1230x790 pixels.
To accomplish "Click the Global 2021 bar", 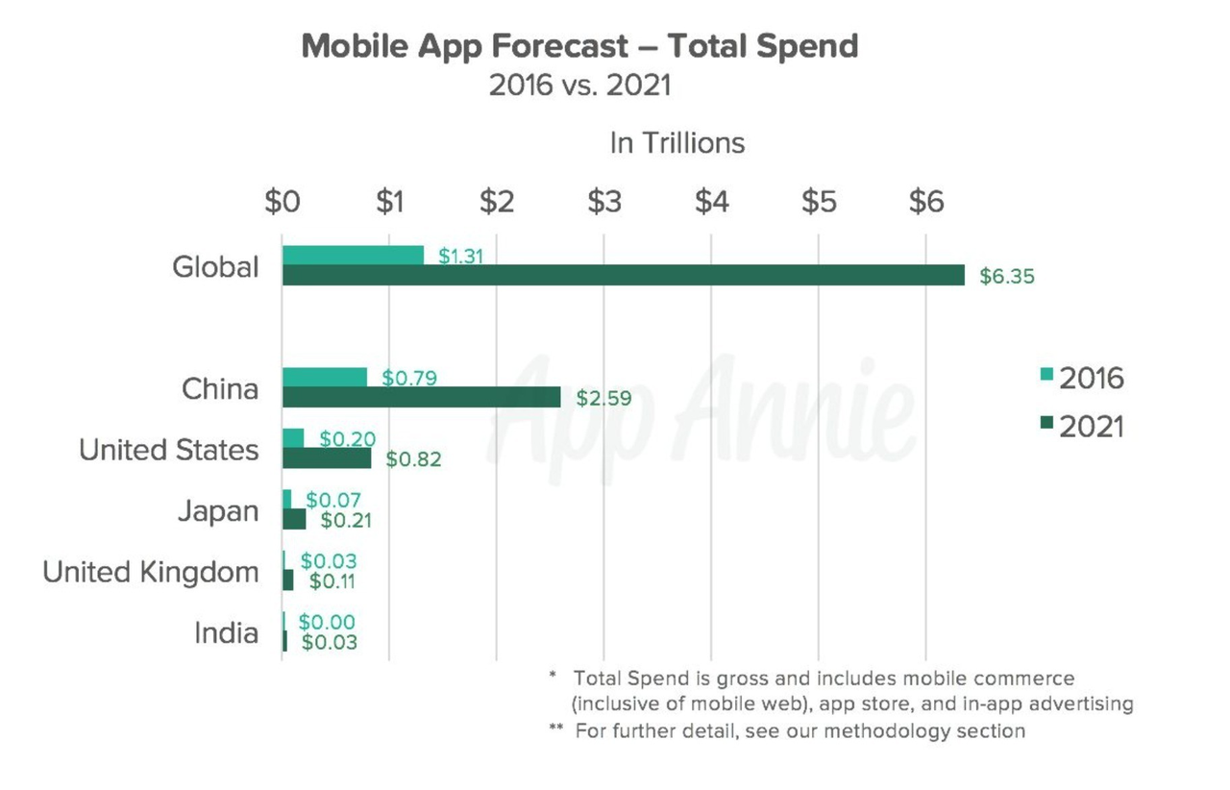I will point(623,275).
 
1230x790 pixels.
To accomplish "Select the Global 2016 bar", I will point(353,255).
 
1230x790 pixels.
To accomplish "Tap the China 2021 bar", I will point(421,397).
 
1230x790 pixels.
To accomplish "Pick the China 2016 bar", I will point(324,377).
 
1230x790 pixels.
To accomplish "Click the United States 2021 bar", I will point(327,458).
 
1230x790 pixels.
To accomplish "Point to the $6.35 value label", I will point(1007,276).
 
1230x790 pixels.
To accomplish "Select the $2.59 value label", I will point(603,398).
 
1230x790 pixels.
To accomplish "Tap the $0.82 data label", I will point(413,459).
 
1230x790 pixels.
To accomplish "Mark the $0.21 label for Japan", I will point(346,521).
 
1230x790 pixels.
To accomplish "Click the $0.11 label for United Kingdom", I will point(334,581).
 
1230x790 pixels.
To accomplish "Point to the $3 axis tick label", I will point(604,203).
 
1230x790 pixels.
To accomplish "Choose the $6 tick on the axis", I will point(926,203).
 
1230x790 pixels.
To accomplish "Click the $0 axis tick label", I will point(283,203).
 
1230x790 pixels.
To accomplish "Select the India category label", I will point(226,633).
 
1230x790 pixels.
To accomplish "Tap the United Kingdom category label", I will point(151,573).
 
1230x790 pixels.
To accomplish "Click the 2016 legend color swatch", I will point(1046,375).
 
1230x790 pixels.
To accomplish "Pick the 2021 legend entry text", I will point(1092,427).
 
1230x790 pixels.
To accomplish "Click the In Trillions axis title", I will point(677,143).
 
